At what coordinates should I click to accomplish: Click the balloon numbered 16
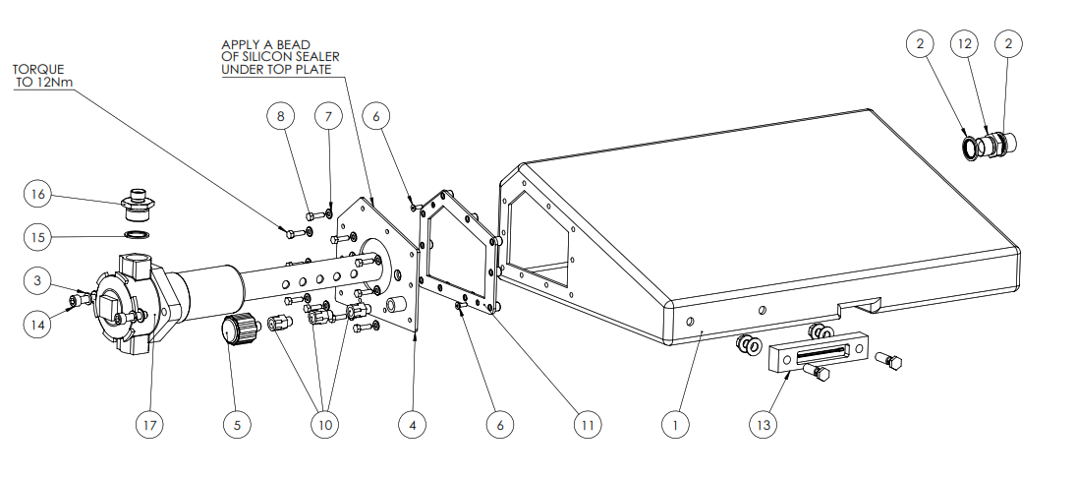pos(36,195)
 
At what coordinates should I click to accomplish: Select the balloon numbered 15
pos(36,236)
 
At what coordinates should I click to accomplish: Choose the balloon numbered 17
pos(149,425)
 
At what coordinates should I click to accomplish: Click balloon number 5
pos(237,425)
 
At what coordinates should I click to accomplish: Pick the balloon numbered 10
pos(325,425)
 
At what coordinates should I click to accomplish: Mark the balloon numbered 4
pos(413,425)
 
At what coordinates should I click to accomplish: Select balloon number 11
pos(588,425)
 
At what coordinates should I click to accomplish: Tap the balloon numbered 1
pos(675,425)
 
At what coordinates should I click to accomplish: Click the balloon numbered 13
pos(764,425)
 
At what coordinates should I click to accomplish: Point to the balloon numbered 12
pos(964,43)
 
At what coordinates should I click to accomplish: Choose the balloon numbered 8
pos(281,116)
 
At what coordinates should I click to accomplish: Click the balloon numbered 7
pos(329,116)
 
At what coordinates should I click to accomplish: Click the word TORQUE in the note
pos(37,71)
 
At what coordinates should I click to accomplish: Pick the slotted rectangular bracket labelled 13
pos(819,353)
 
